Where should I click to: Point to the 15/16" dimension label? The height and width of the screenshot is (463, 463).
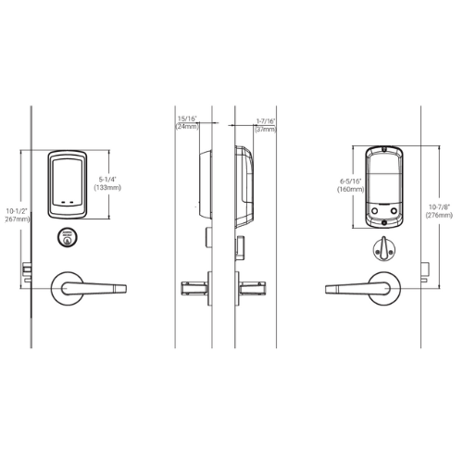coord(186,119)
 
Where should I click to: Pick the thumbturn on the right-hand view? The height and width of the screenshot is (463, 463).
coord(380,246)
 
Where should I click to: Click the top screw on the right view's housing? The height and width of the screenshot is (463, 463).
coord(382,149)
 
